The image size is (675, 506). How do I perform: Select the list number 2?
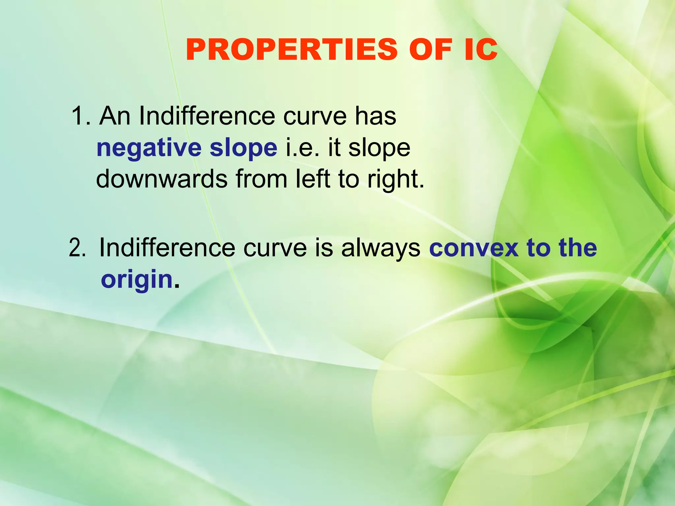point(77,248)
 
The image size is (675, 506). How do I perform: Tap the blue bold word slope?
point(243,148)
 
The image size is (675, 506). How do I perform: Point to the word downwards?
point(161,179)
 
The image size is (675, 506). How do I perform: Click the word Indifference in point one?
point(207,116)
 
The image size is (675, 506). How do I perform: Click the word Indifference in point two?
point(167,248)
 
